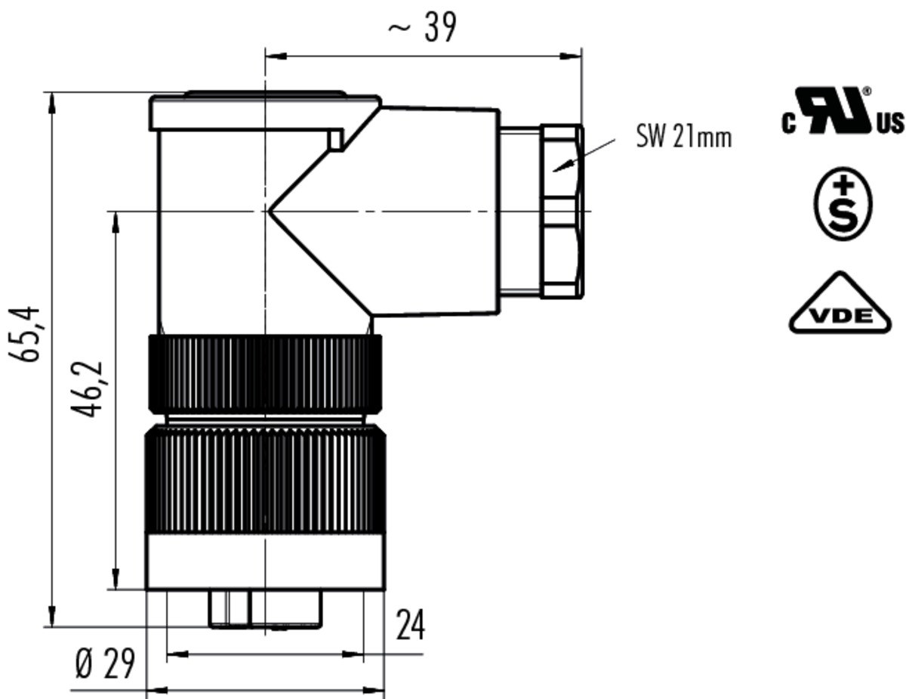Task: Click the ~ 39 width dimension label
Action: click(422, 27)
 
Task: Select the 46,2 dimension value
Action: click(87, 388)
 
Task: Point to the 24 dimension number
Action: click(410, 625)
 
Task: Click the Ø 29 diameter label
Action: click(106, 663)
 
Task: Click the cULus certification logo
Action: click(843, 110)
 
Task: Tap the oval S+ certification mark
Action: click(843, 203)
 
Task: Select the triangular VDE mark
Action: click(840, 304)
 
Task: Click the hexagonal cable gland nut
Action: click(562, 211)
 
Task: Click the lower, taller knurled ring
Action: click(265, 478)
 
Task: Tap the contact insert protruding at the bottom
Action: click(266, 608)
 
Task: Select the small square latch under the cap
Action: click(336, 139)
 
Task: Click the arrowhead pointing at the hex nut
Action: click(563, 166)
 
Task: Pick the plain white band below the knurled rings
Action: click(265, 561)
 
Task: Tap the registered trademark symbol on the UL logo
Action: click(867, 91)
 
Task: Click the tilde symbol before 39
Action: click(399, 28)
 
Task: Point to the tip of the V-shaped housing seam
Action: click(269, 211)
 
